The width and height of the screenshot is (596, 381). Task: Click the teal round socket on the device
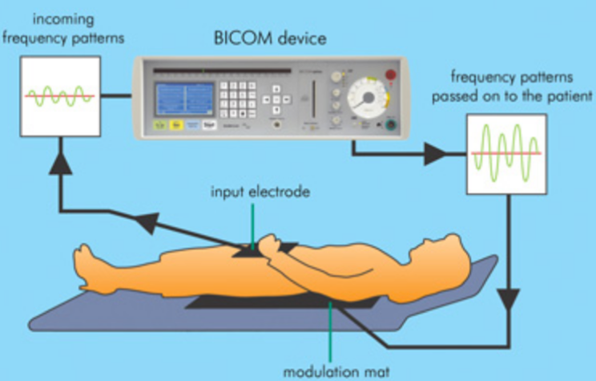point(391,125)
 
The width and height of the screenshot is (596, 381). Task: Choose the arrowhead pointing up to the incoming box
point(61,163)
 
